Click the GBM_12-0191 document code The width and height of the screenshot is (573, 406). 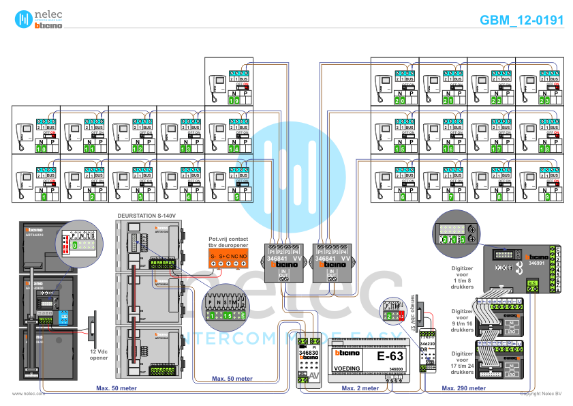coord(521,20)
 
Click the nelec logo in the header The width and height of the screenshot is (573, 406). coord(33,19)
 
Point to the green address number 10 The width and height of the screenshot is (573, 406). coord(40,148)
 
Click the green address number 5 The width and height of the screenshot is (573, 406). coord(236,197)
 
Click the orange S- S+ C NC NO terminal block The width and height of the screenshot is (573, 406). coord(228,259)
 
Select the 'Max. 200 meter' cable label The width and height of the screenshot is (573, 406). coord(463,388)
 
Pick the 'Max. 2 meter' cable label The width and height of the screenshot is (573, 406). coord(360,388)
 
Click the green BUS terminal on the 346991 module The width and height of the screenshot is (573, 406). coord(533,285)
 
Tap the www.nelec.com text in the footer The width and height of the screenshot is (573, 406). coord(28,394)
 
